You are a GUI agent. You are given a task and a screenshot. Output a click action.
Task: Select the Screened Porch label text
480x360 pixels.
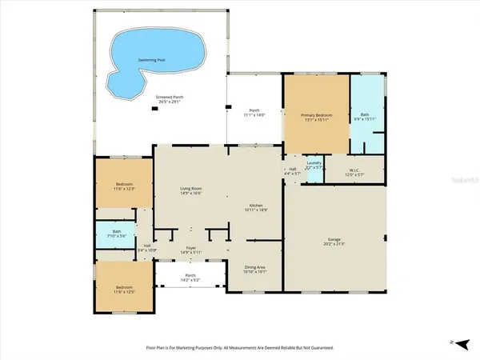(x=169, y=99)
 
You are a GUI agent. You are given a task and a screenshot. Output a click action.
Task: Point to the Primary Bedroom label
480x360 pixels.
(x=315, y=116)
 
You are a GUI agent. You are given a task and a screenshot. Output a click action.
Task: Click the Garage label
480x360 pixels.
(x=334, y=239)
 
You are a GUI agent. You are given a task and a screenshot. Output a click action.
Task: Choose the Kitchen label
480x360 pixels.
(x=256, y=207)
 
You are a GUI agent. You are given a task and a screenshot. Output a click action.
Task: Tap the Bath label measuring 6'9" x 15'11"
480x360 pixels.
(x=364, y=116)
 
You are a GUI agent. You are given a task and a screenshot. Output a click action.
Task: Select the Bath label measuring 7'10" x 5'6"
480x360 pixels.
(x=117, y=234)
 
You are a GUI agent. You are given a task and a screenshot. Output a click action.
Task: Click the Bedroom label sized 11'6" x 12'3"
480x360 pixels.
(x=123, y=186)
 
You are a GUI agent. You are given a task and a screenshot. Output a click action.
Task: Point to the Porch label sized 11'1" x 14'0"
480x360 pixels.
(x=254, y=113)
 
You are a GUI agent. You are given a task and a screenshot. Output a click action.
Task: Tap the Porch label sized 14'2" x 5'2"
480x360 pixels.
(x=190, y=278)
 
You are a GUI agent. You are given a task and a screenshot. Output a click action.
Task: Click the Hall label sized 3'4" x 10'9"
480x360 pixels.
(x=146, y=248)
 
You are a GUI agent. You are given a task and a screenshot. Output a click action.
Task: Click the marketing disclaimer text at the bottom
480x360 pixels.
(x=239, y=348)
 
